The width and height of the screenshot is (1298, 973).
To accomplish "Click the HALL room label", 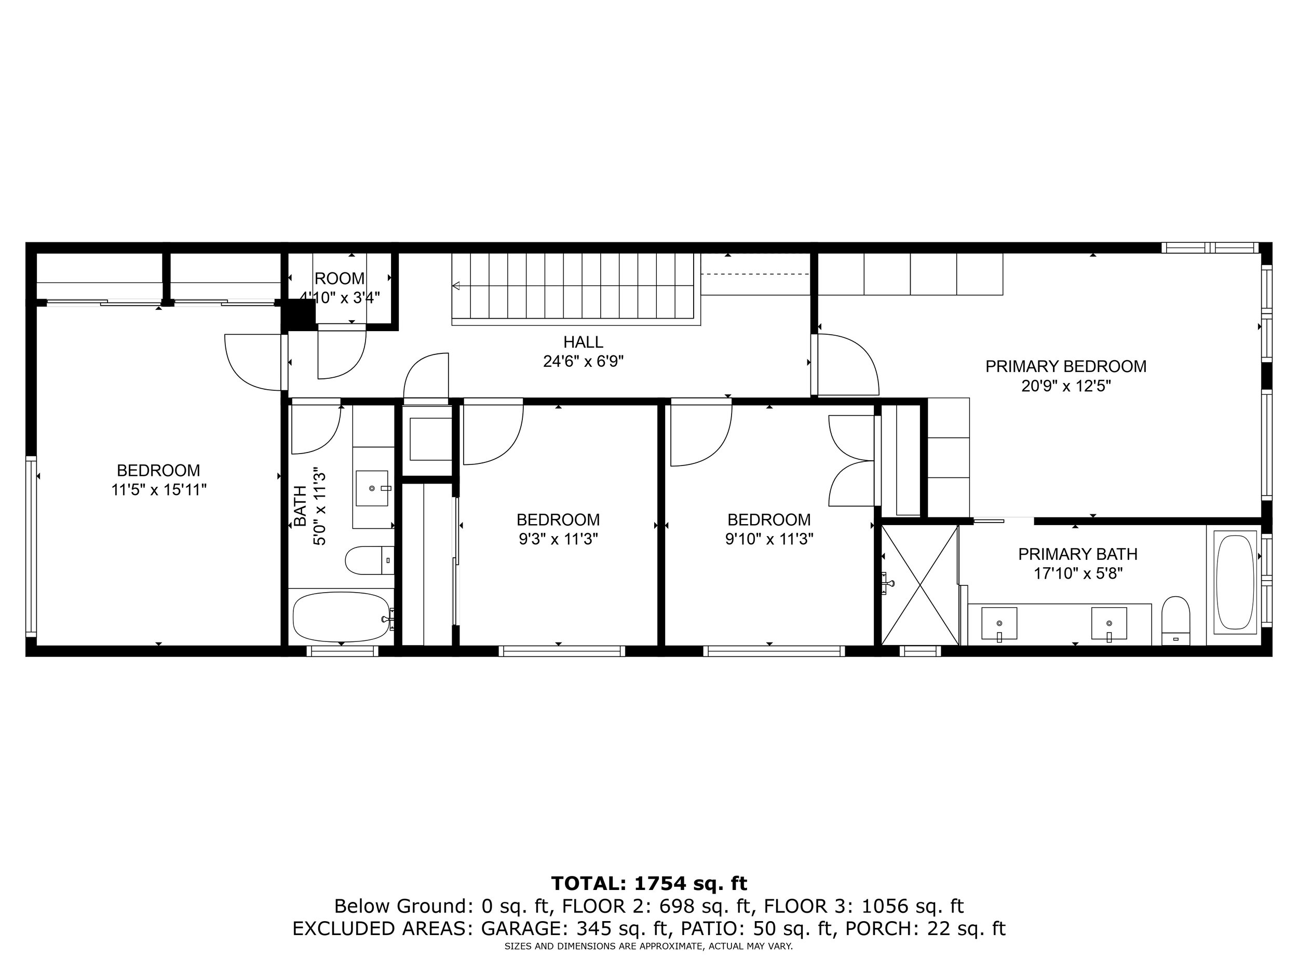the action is point(583,342).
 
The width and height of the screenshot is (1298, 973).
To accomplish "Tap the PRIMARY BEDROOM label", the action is point(1065,366).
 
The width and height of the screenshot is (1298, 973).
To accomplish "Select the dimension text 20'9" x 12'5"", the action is point(1065,386).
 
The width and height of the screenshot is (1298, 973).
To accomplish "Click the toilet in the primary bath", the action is point(1175,620).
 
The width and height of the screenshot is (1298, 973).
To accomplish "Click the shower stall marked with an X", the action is point(920,585).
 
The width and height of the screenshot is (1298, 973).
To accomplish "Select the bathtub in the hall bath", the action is point(342,617).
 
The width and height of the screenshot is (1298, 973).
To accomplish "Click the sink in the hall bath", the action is point(372,488).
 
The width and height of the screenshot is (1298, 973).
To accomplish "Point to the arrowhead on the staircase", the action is point(455,286).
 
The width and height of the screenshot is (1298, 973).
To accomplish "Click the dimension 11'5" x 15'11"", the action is point(159,490).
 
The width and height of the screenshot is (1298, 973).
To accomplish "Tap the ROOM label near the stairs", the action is point(339,278).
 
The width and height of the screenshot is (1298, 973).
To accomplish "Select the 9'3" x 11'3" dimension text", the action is point(558,539).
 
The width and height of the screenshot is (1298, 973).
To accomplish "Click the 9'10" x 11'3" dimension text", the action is point(769,539).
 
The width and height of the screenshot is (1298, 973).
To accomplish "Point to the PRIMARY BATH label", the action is point(1077,554).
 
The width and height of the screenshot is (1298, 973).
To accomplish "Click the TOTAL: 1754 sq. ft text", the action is point(649,883).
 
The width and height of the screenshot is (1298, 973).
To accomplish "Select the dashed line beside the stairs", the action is point(756,274).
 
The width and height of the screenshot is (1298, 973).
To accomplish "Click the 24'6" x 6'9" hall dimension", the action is point(583,361).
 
